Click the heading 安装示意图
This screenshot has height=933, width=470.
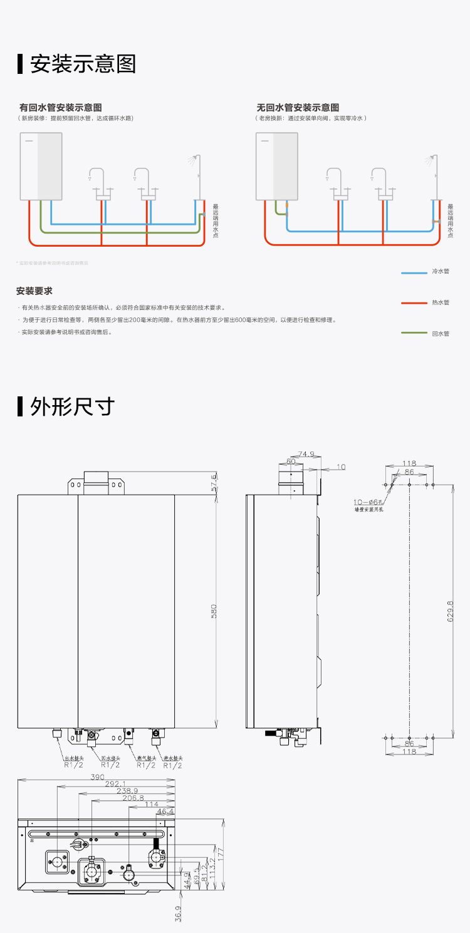pyautogui.click(x=83, y=64)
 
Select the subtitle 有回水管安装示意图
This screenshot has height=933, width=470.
pyautogui.click(x=61, y=108)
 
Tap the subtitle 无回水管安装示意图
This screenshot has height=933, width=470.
pyautogui.click(x=298, y=108)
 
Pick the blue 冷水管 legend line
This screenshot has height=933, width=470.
pyautogui.click(x=414, y=272)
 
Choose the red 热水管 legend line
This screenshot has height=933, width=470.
pyautogui.click(x=414, y=303)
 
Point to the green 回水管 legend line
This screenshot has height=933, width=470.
pyautogui.click(x=414, y=334)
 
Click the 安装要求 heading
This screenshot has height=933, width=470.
pyautogui.click(x=34, y=291)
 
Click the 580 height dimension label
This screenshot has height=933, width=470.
pyautogui.click(x=214, y=612)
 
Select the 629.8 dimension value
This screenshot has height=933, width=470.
pyautogui.click(x=451, y=612)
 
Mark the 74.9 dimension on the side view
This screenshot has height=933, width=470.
pyautogui.click(x=306, y=454)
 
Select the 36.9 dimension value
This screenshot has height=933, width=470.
pyautogui.click(x=178, y=914)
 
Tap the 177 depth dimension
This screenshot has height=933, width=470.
pyautogui.click(x=221, y=854)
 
